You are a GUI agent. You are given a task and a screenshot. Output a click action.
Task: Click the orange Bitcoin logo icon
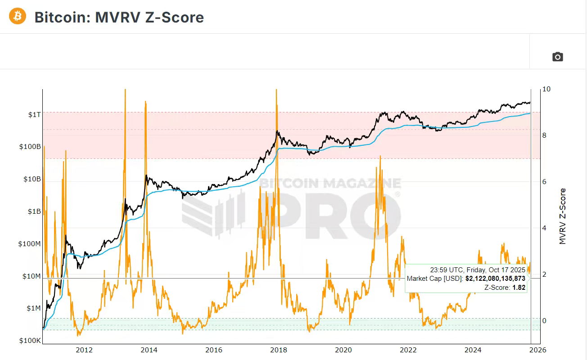click(17, 16)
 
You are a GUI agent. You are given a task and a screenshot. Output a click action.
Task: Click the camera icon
click(558, 57)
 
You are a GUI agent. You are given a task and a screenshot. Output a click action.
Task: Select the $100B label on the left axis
click(30, 147)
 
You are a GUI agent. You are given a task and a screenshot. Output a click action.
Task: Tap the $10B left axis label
click(32, 179)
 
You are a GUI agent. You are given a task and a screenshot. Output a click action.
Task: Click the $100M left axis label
click(30, 244)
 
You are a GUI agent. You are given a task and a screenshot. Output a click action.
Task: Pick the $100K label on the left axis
click(30, 341)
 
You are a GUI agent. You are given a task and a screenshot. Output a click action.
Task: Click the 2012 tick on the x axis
click(84, 350)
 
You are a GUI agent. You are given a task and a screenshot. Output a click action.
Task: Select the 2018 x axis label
click(279, 350)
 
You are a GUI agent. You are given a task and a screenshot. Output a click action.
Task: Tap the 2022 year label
click(408, 350)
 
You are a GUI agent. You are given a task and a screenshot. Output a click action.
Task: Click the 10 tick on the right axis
click(546, 89)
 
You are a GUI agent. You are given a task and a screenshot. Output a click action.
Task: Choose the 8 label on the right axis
click(545, 135)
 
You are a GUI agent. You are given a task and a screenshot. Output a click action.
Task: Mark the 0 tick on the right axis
click(545, 321)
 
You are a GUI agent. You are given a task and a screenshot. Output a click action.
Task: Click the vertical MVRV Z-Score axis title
click(563, 216)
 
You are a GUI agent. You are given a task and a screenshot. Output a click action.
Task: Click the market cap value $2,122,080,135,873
click(495, 279)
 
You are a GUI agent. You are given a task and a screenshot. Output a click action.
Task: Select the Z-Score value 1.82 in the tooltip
click(519, 287)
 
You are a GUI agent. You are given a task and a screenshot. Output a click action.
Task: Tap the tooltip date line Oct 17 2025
click(478, 270)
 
